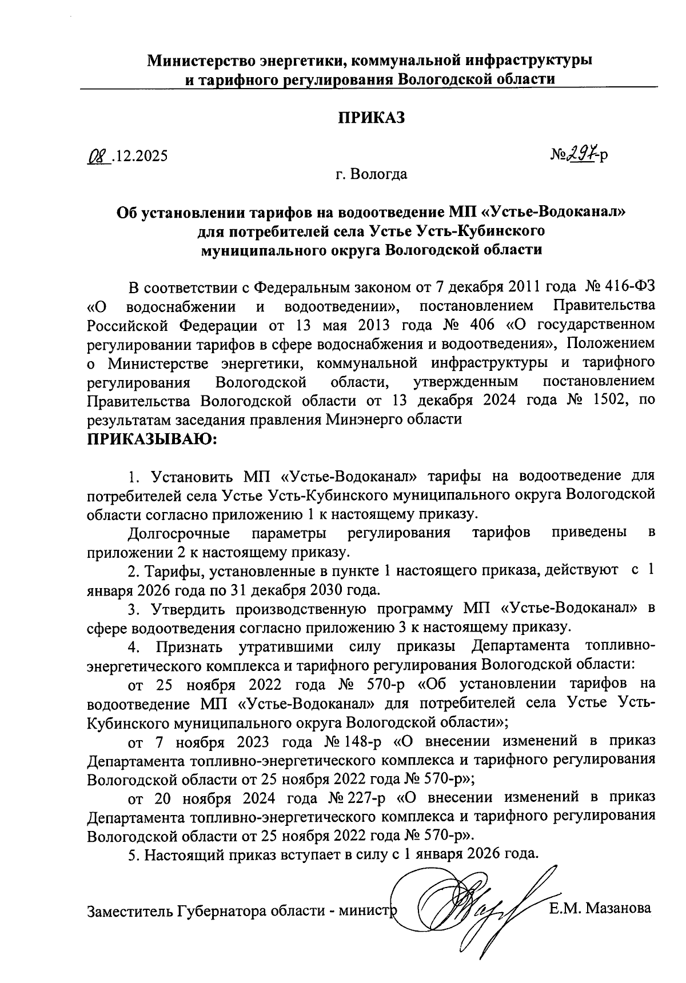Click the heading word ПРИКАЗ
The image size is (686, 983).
click(372, 118)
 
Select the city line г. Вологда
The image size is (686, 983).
click(372, 174)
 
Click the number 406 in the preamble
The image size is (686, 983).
click(480, 325)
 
